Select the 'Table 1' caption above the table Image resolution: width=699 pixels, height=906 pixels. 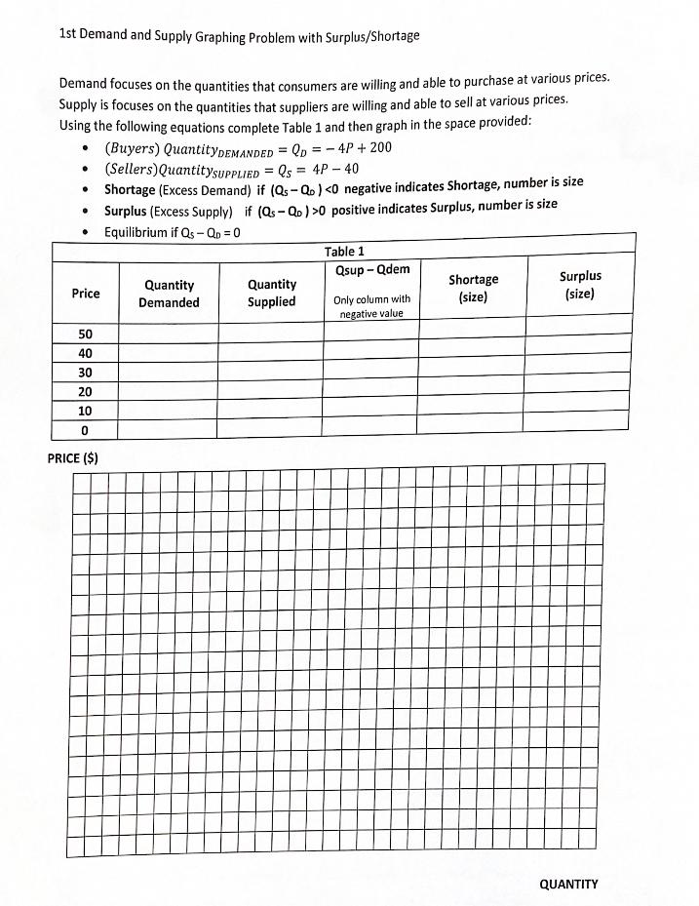click(x=344, y=252)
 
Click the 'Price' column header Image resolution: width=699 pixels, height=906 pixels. click(x=86, y=294)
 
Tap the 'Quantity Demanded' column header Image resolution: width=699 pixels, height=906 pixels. click(x=169, y=294)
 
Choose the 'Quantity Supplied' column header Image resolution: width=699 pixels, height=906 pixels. click(x=271, y=294)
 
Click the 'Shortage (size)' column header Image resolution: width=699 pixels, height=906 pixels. click(x=473, y=288)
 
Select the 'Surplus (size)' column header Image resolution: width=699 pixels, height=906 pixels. click(x=580, y=285)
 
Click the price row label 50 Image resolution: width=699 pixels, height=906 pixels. click(x=86, y=335)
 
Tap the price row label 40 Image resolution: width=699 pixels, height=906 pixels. click(x=86, y=354)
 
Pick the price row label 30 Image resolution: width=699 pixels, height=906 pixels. click(x=86, y=373)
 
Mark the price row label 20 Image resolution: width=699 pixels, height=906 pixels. click(x=86, y=392)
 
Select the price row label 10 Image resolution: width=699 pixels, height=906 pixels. click(x=86, y=411)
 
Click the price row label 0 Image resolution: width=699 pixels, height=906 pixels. click(x=86, y=430)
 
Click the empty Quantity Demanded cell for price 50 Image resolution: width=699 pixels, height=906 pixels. click(x=169, y=334)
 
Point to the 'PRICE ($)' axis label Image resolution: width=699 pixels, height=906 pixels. click(x=73, y=457)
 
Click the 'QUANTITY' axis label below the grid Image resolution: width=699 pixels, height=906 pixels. click(x=568, y=884)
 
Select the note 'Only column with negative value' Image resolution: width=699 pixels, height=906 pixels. click(x=371, y=306)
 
